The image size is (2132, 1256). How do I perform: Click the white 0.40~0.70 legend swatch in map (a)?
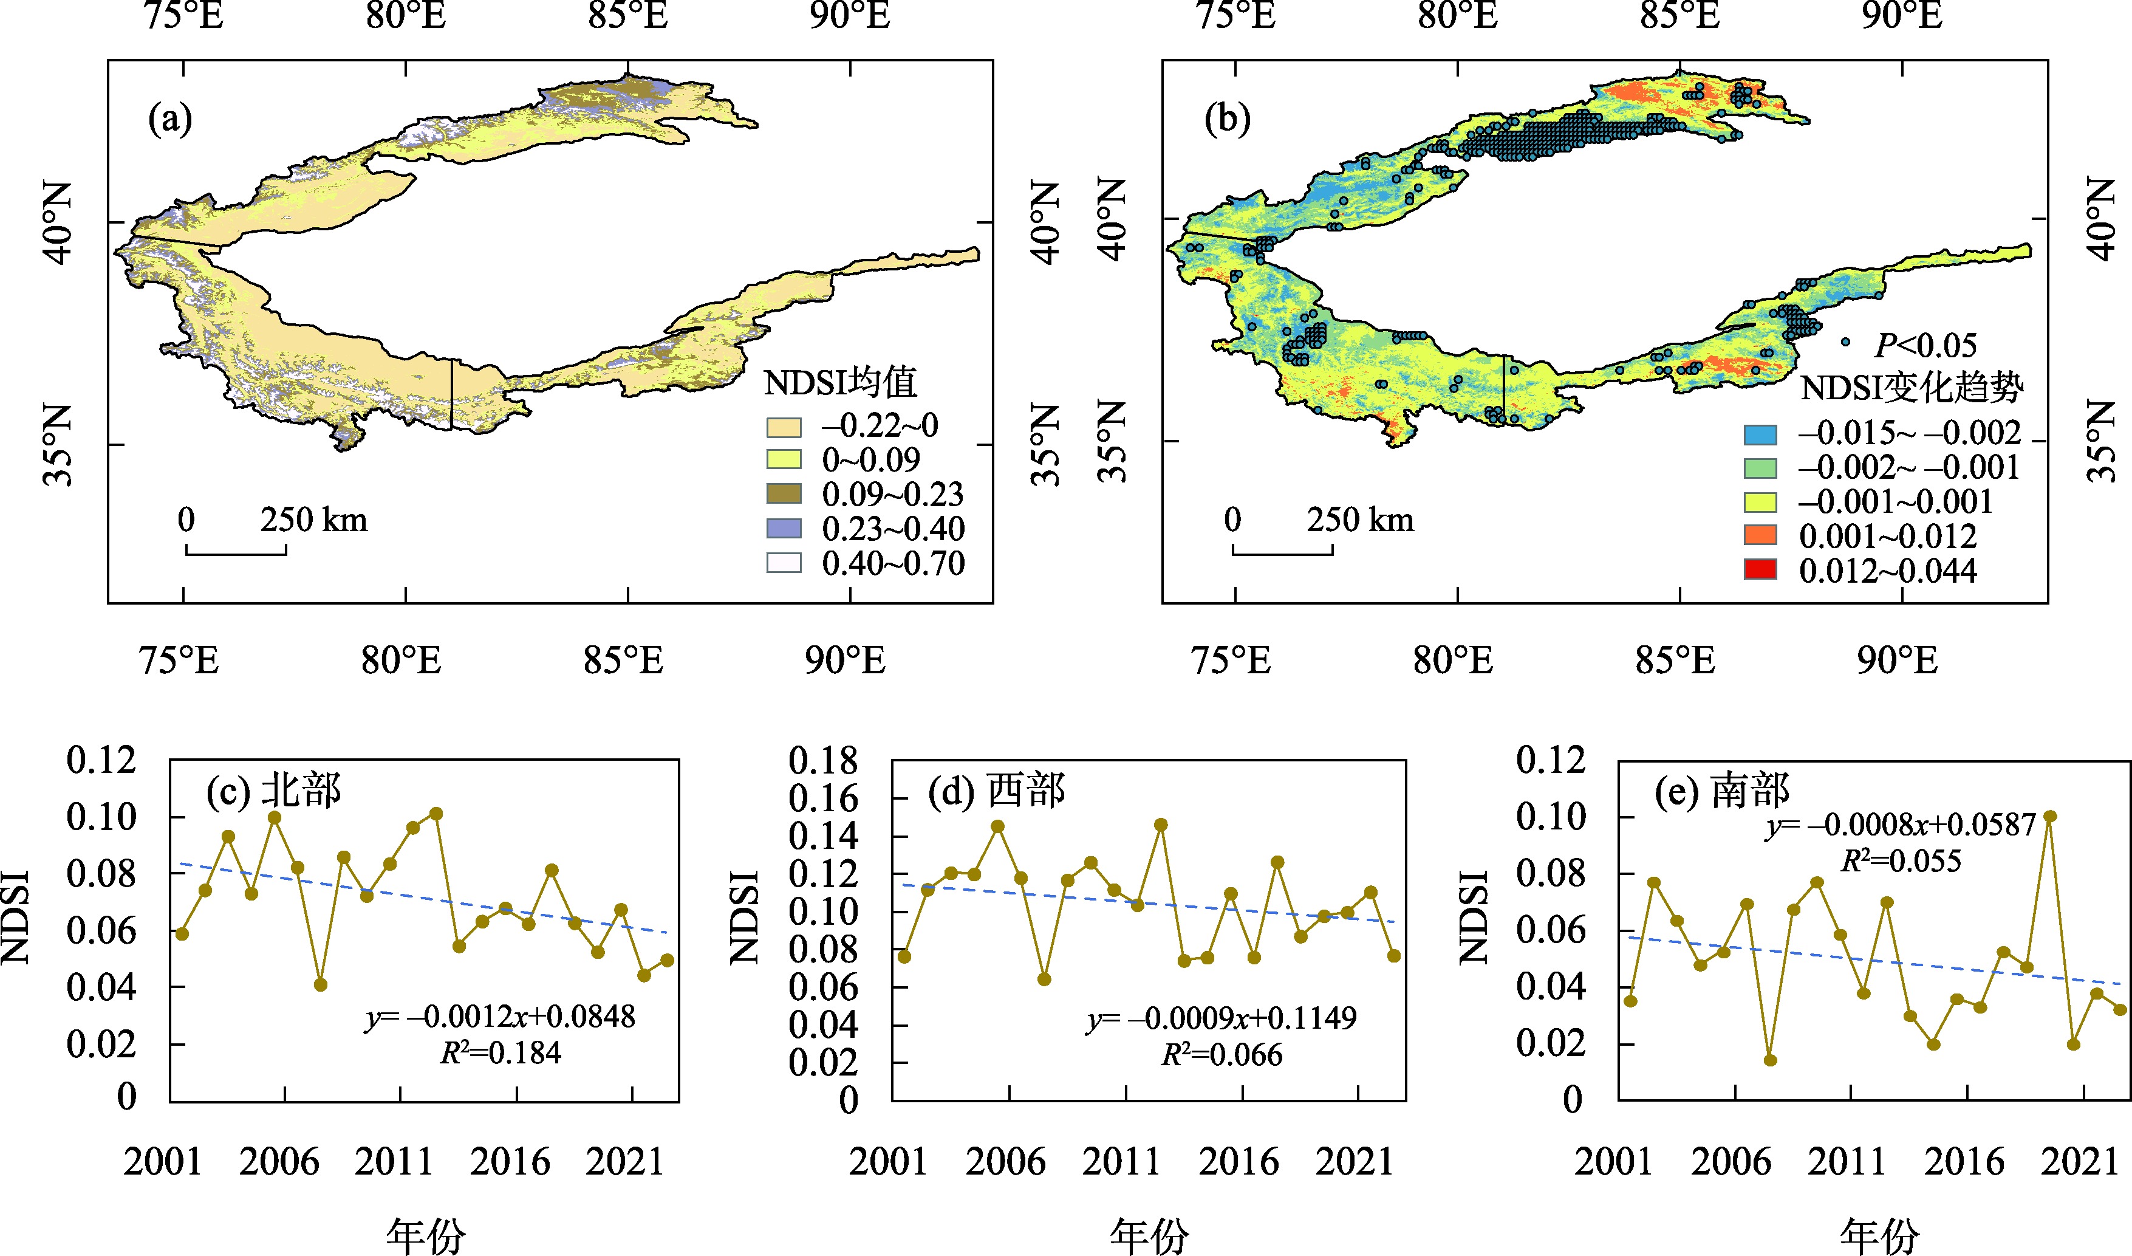pos(784,563)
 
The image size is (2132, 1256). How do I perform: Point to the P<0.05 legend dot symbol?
pos(1846,343)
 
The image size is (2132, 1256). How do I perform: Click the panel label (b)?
pos(1228,119)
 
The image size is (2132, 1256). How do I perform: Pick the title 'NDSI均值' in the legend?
pos(840,383)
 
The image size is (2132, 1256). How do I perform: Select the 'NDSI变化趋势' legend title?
pos(1910,388)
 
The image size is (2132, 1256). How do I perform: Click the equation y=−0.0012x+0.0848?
pos(500,1017)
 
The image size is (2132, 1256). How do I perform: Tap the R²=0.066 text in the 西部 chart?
pos(1221,1055)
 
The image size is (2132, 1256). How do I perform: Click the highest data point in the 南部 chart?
pos(2050,817)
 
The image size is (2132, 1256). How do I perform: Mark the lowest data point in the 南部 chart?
pos(1771,1060)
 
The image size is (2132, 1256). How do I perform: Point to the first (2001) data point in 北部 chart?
pos(182,933)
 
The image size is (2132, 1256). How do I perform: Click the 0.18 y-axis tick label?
pos(822,761)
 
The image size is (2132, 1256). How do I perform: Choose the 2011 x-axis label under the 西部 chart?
pos(1121,1161)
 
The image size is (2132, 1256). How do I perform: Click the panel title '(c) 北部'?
pos(273,791)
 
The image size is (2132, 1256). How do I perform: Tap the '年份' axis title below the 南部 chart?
pos(1880,1237)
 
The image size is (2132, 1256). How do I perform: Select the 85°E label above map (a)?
pos(628,16)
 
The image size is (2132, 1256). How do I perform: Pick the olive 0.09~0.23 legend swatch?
pos(784,494)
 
